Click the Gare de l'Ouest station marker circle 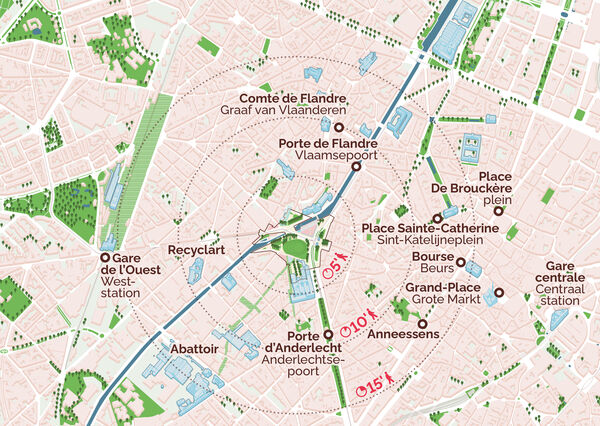(105, 257)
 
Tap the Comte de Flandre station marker (339, 129)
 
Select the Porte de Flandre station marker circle (357, 168)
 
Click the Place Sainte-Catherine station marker (436, 218)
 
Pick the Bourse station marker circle (461, 263)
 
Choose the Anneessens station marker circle (421, 324)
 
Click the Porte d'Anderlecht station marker (328, 334)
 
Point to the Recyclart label (195, 248)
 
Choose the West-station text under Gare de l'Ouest (128, 281)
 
